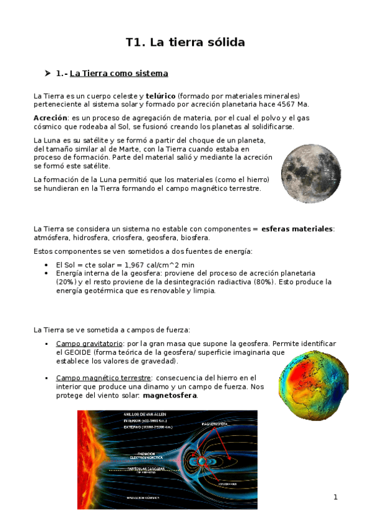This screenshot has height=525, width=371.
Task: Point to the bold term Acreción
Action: [50, 118]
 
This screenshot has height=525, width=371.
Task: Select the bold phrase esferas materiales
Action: [297, 229]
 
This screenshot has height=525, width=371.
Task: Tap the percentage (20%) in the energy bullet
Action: [67, 282]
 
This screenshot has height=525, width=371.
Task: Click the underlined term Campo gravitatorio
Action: [89, 343]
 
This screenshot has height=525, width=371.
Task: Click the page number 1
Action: [336, 497]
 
